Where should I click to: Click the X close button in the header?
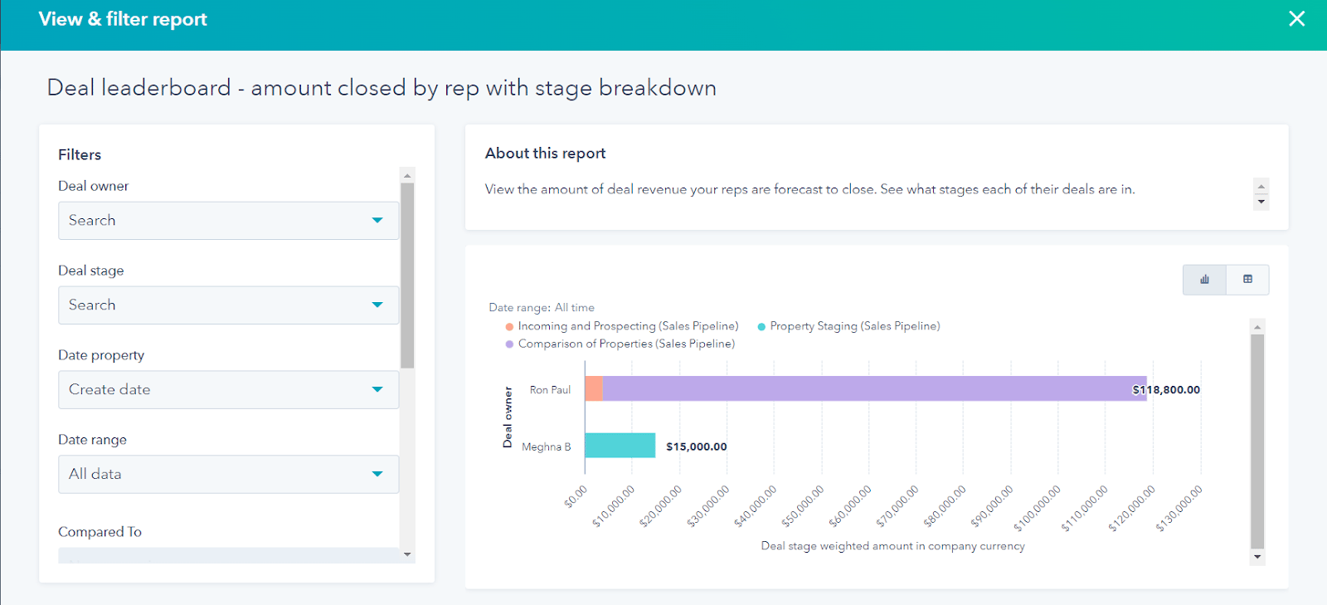1296,19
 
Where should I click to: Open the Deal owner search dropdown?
228,221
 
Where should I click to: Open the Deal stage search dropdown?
228,305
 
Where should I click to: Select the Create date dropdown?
228,390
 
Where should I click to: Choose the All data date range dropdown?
228,475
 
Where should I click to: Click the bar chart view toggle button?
1204,280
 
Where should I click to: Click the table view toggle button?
1247,280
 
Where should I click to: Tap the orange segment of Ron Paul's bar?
594,389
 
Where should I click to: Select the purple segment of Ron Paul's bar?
871,389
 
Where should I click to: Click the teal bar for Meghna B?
620,446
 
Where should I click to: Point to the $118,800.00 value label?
1166,390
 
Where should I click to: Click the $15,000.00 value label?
697,446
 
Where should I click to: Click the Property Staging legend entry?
854,326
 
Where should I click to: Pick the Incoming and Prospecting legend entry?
627,326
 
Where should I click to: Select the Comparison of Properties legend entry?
625,344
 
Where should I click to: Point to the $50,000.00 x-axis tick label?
804,506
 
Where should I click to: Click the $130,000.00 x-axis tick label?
1179,508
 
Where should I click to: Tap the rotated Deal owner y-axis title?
508,417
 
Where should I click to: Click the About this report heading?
545,154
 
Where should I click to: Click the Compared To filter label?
100,532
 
